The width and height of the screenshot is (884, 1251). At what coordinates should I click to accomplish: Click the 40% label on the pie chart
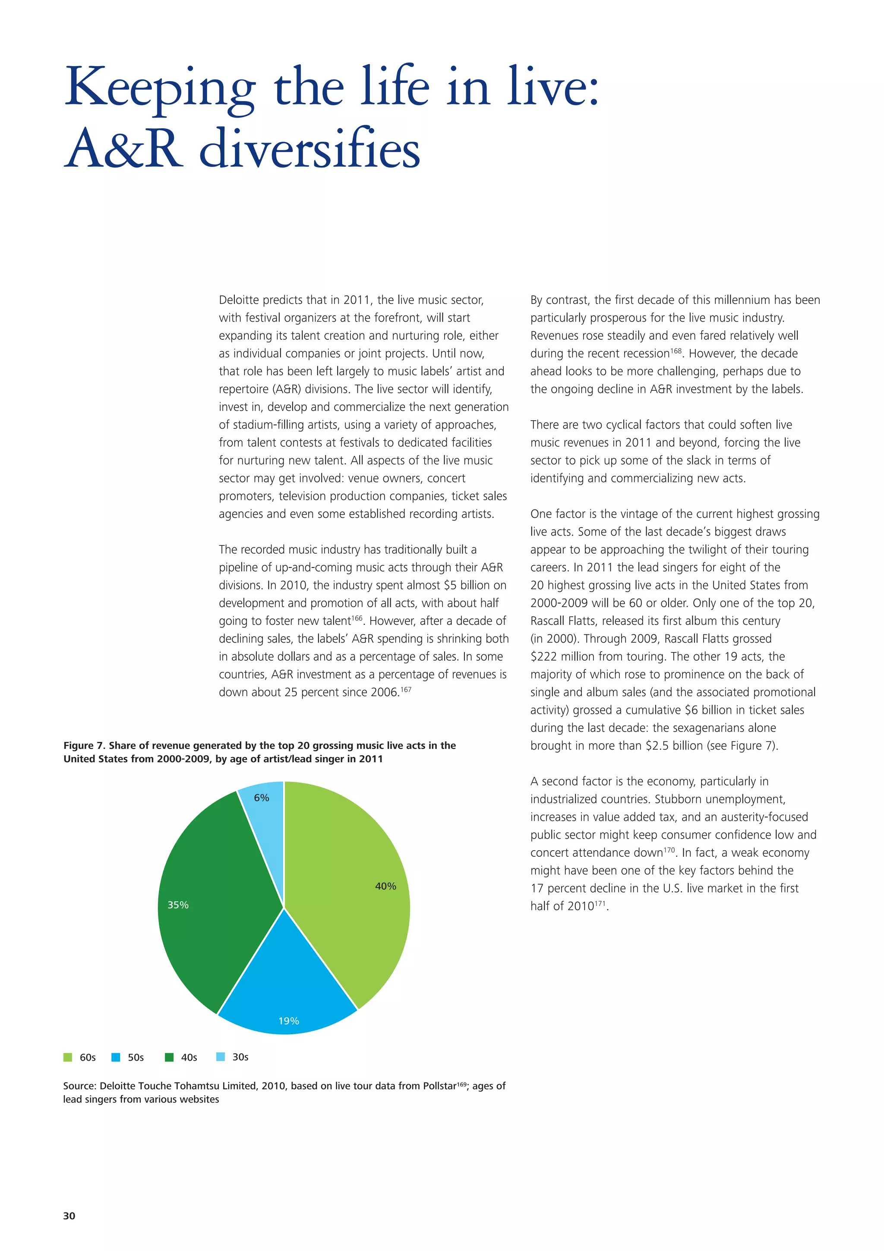click(x=385, y=886)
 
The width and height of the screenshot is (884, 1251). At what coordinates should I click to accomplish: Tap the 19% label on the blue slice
click(x=288, y=1020)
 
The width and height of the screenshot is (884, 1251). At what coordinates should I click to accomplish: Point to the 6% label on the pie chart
click(x=262, y=797)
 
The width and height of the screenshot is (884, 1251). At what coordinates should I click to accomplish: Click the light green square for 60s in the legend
click(x=67, y=1057)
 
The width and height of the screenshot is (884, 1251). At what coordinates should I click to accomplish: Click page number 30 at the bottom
click(x=69, y=1216)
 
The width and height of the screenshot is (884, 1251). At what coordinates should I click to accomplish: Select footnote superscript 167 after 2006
click(x=406, y=689)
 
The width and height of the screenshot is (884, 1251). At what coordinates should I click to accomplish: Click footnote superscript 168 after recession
click(x=676, y=351)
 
